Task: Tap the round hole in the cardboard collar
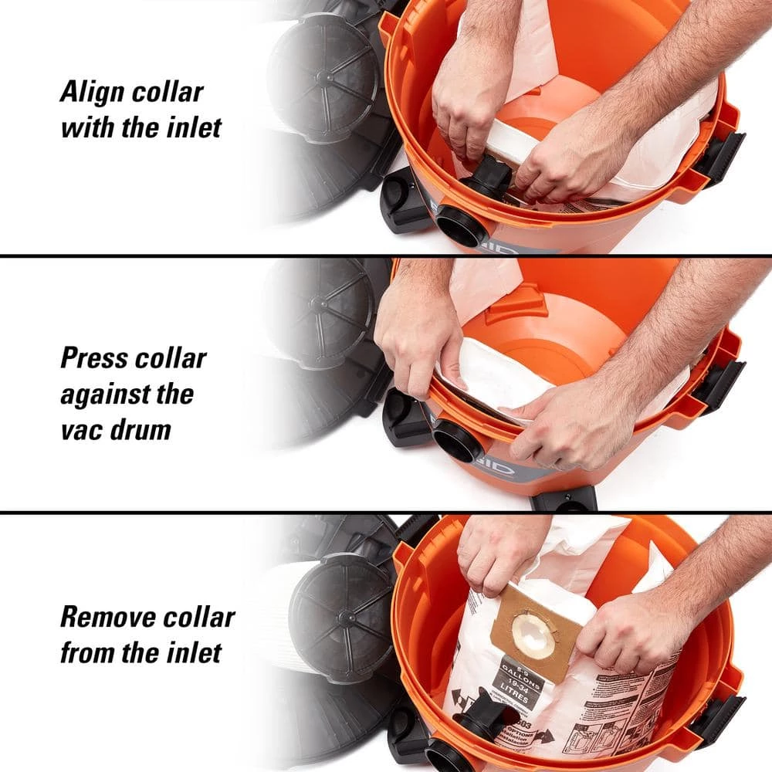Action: tap(533, 635)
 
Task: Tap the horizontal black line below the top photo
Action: tap(386, 256)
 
